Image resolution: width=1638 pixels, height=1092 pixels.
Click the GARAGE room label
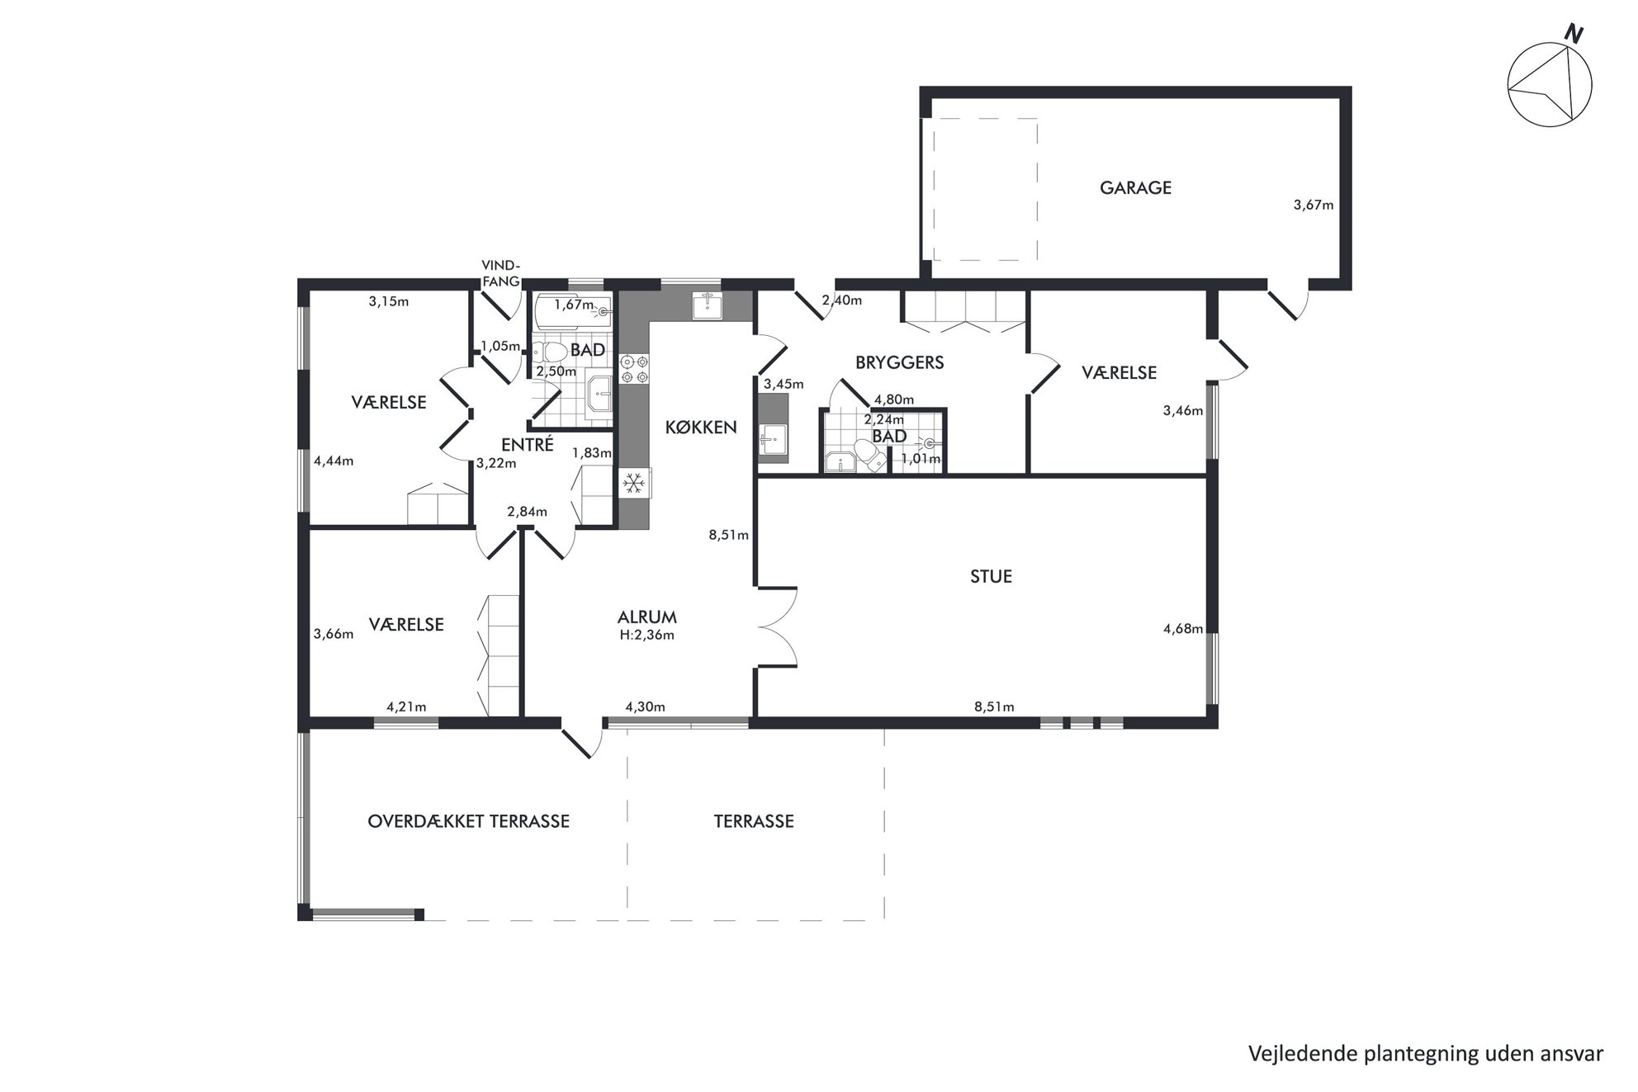1135,188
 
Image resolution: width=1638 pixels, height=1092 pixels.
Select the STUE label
991,577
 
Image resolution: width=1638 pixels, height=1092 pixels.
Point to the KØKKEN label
701,428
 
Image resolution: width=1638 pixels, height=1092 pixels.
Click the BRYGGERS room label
899,362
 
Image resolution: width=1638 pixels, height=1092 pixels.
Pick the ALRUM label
647,617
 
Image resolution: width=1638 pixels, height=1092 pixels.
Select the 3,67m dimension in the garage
1313,206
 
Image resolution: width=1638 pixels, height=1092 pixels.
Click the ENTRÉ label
528,444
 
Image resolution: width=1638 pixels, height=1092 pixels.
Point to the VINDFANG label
501,273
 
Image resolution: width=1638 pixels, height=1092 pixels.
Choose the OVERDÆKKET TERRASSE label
468,822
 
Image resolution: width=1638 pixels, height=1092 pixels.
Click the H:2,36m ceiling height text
647,636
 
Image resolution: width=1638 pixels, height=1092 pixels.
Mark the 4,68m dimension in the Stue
1183,629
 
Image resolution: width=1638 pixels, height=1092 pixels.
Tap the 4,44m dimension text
334,461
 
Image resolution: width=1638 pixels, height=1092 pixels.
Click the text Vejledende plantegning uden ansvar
1426,1054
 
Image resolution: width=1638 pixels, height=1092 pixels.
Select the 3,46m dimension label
1183,410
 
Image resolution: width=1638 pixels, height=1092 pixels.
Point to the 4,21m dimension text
406,707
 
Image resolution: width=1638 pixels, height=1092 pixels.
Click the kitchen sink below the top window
708,305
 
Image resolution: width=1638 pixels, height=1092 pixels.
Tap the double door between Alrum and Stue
778,627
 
